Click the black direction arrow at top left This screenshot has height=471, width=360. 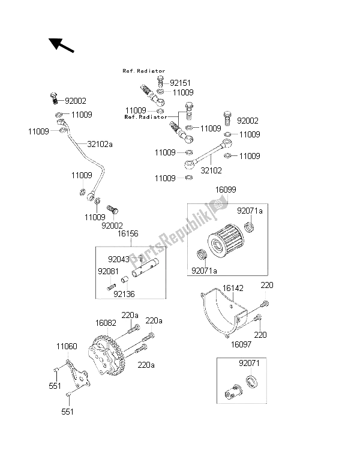pos(59,45)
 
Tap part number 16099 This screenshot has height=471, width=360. pos(226,190)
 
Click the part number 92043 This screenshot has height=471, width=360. pos(119,259)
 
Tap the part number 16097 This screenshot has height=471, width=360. pos(241,345)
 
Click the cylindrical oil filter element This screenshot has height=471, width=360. pos(229,241)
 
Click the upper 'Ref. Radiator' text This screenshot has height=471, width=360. pos(144,71)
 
